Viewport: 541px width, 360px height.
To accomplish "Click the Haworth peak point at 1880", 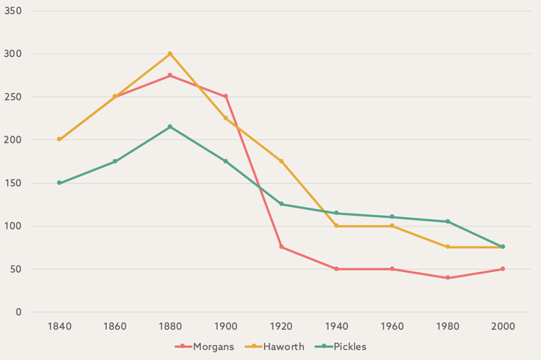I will click(170, 54).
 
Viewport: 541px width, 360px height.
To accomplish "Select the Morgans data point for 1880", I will click(170, 76).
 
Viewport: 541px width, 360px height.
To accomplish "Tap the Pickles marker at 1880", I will click(170, 127).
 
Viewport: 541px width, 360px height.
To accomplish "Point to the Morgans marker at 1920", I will click(281, 247).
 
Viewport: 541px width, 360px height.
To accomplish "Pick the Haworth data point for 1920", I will click(281, 161).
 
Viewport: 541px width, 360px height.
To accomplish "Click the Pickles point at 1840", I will click(59, 183).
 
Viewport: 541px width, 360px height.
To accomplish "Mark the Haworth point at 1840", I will click(59, 139).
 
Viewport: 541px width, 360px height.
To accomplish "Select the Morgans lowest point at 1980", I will click(448, 278).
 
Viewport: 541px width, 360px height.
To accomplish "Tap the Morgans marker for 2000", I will click(503, 269).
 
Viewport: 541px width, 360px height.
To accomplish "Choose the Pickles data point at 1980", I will click(448, 221).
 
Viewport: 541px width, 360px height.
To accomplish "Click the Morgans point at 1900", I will click(226, 97).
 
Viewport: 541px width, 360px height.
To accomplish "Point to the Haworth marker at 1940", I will click(337, 226).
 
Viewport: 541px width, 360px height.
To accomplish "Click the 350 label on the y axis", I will click(14, 12).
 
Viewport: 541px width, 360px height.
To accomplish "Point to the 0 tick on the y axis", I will click(19, 312).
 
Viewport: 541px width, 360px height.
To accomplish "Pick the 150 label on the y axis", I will click(14, 183).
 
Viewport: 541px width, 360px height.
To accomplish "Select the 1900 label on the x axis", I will click(226, 327).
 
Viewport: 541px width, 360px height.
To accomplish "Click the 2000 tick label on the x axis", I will click(503, 327).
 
